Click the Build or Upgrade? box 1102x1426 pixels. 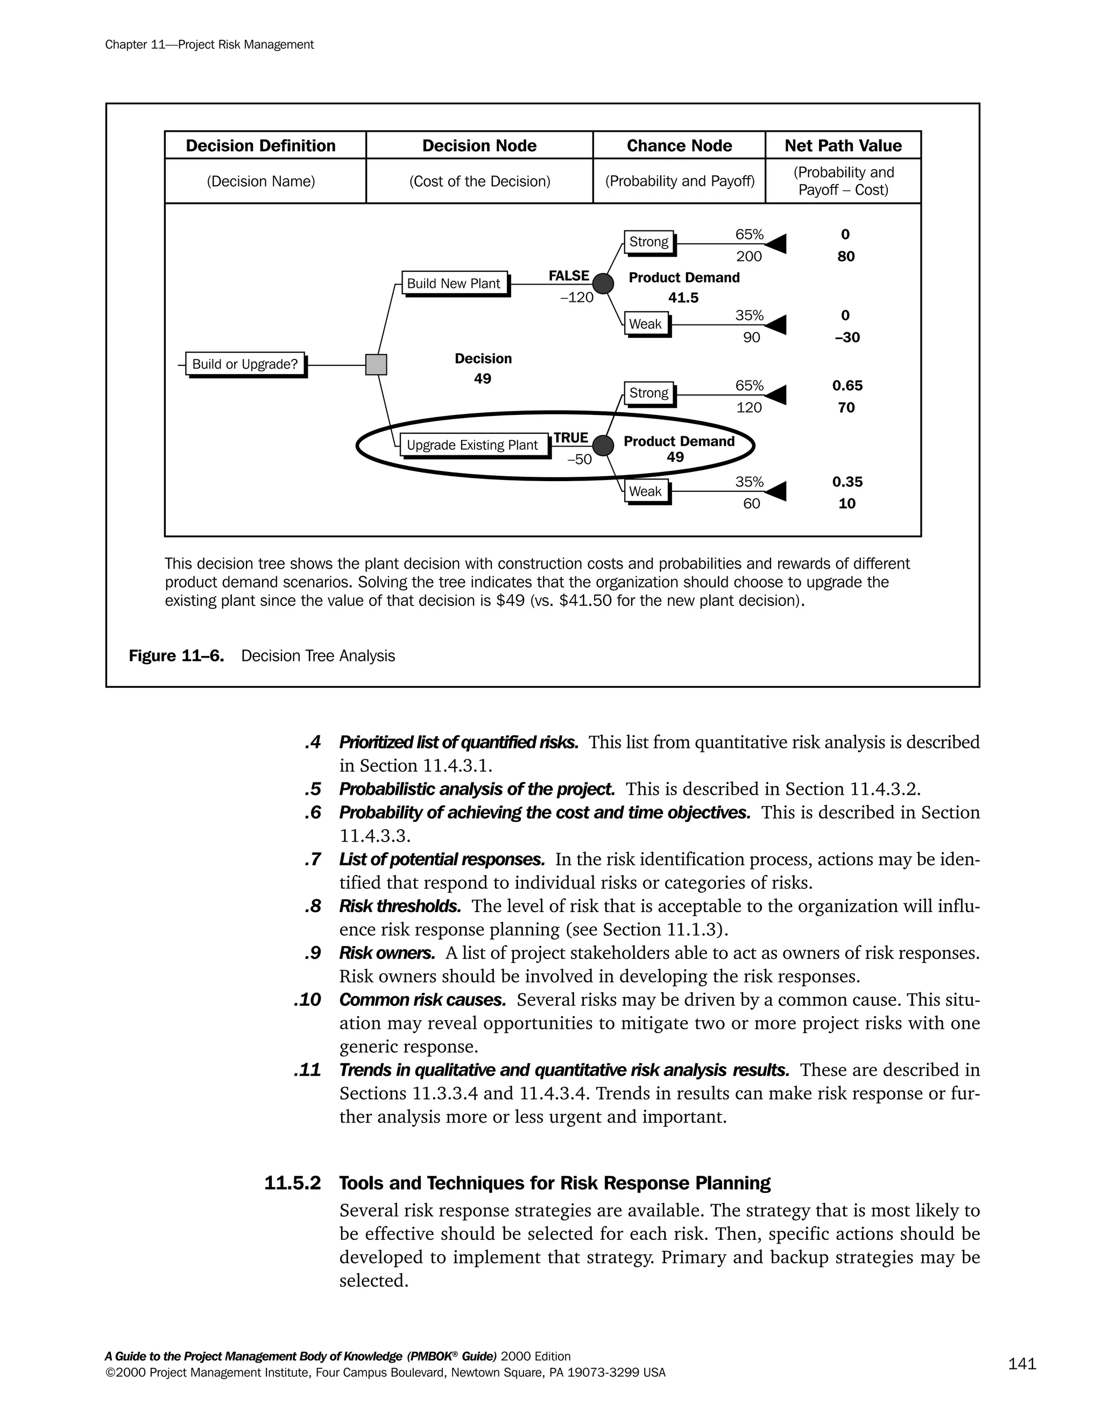[x=245, y=364]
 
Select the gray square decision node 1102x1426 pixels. [x=376, y=364]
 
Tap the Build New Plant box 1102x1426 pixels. [x=454, y=284]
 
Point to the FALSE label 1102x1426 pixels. [x=569, y=276]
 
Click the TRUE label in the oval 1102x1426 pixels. [x=571, y=437]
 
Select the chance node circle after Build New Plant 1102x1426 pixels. [x=603, y=284]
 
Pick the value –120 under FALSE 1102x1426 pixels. [x=576, y=298]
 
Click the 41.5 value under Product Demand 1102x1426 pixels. [x=683, y=298]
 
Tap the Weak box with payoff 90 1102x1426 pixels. [x=646, y=324]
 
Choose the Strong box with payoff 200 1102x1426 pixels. [x=648, y=242]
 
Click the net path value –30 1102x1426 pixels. [x=847, y=337]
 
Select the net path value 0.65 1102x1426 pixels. [x=847, y=386]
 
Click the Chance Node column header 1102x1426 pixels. [x=679, y=146]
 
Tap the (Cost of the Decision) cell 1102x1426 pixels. [x=479, y=181]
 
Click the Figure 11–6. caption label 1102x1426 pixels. [x=176, y=655]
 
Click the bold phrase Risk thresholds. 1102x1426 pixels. [x=400, y=906]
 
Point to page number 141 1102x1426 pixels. [x=1022, y=1364]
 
